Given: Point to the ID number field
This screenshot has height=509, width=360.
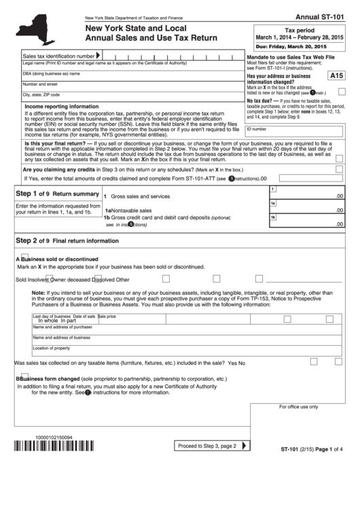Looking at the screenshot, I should (x=295, y=130).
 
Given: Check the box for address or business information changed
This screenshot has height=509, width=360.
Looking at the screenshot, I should (x=341, y=90).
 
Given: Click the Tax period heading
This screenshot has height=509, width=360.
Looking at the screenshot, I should (x=299, y=31).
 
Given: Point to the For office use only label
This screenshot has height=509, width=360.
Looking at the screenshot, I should (x=298, y=407).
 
